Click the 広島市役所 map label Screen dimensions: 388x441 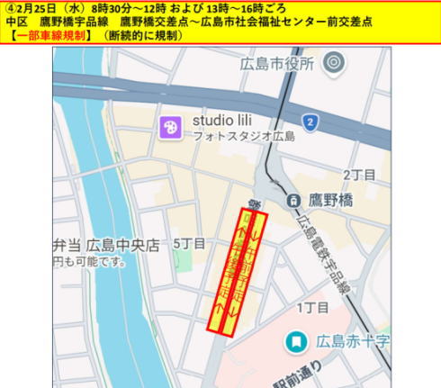pyautogui.click(x=276, y=64)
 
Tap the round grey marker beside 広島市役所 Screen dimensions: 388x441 pyautogui.click(x=334, y=63)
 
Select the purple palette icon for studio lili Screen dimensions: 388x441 pyautogui.click(x=169, y=128)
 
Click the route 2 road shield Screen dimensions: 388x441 pyautogui.click(x=310, y=122)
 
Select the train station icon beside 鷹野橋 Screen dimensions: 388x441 pyautogui.click(x=292, y=200)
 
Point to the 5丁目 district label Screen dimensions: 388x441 pyautogui.click(x=189, y=243)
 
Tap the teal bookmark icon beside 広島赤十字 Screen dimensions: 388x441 pyautogui.click(x=295, y=342)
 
